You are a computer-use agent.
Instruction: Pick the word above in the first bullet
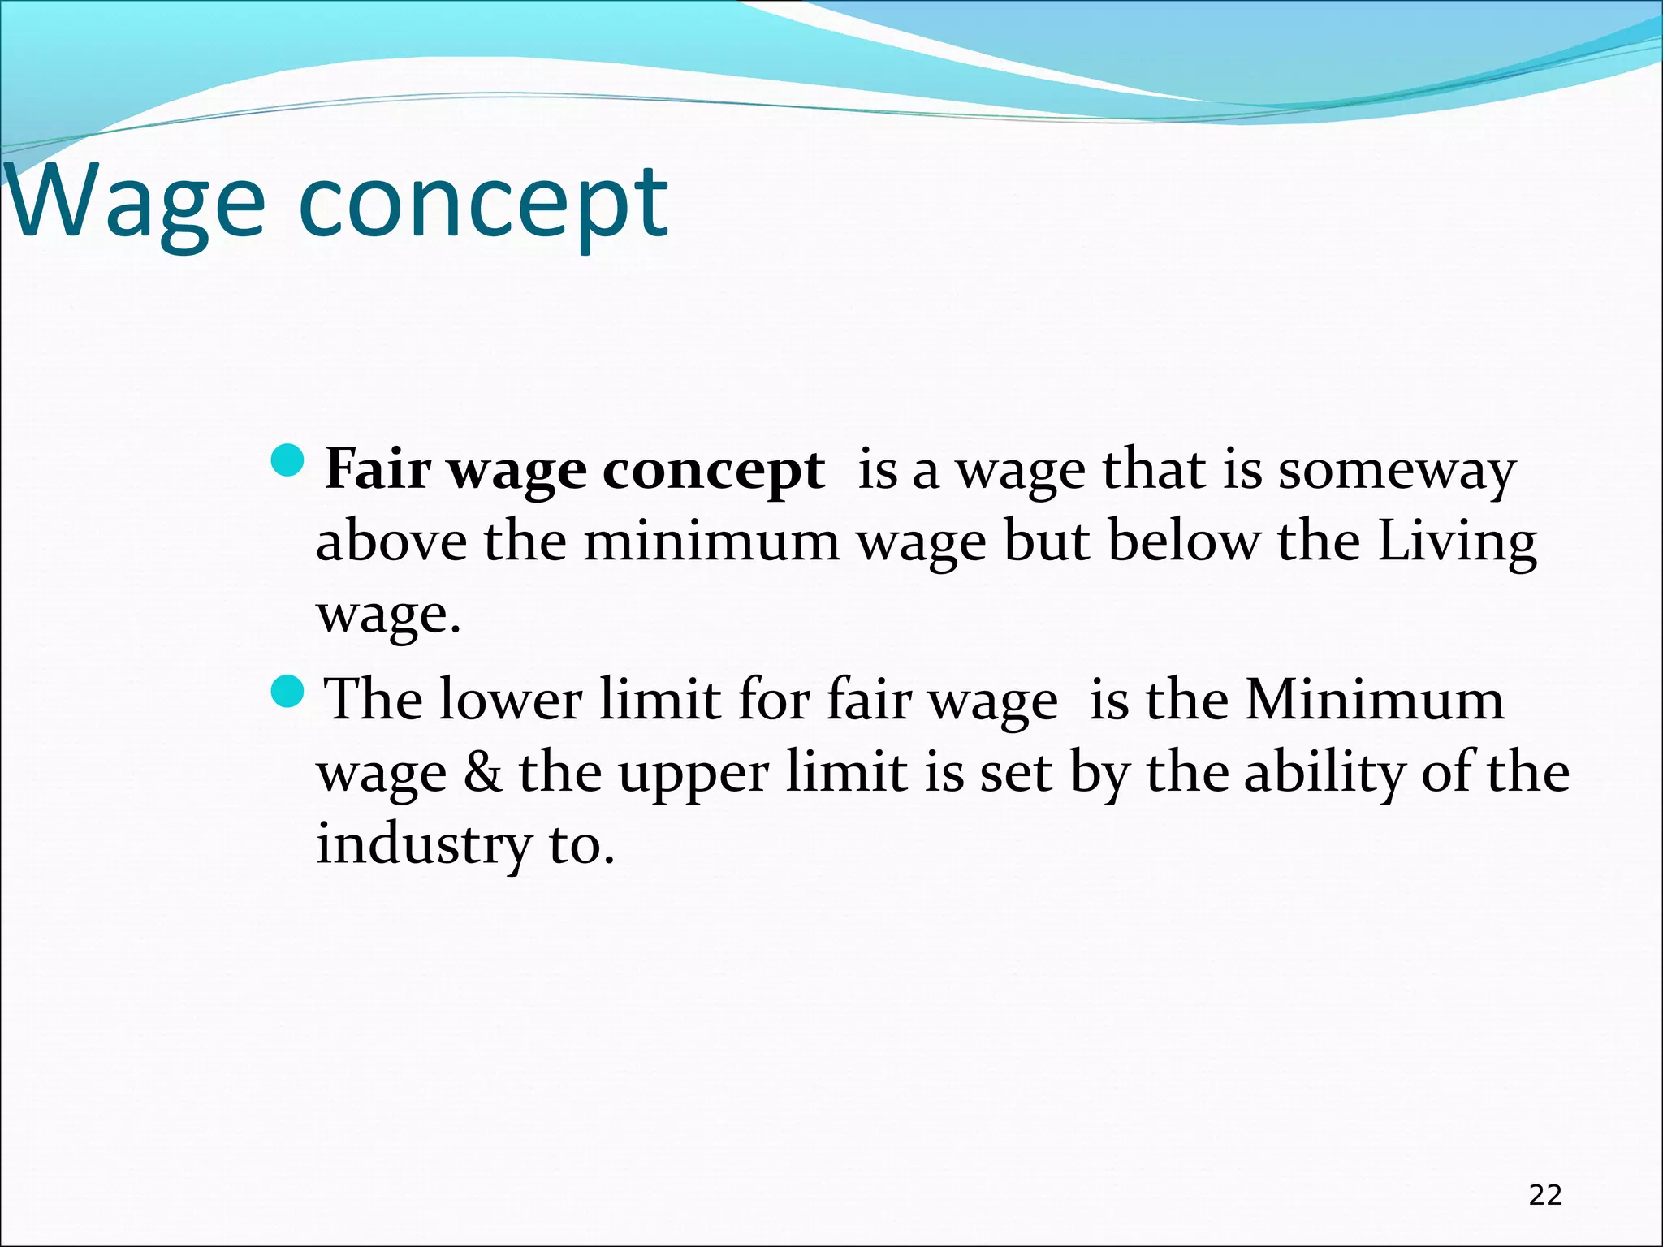[x=391, y=541]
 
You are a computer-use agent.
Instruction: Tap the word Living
[x=1458, y=542]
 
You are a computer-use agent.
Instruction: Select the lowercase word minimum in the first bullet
[x=712, y=541]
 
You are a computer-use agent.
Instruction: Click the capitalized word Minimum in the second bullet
[x=1375, y=700]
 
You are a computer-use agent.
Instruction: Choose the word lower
[x=510, y=700]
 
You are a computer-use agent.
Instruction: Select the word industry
[x=422, y=844]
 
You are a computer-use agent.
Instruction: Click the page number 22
[x=1545, y=1195]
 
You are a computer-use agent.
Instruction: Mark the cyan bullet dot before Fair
[x=287, y=460]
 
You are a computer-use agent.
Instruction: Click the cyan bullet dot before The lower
[x=287, y=691]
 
